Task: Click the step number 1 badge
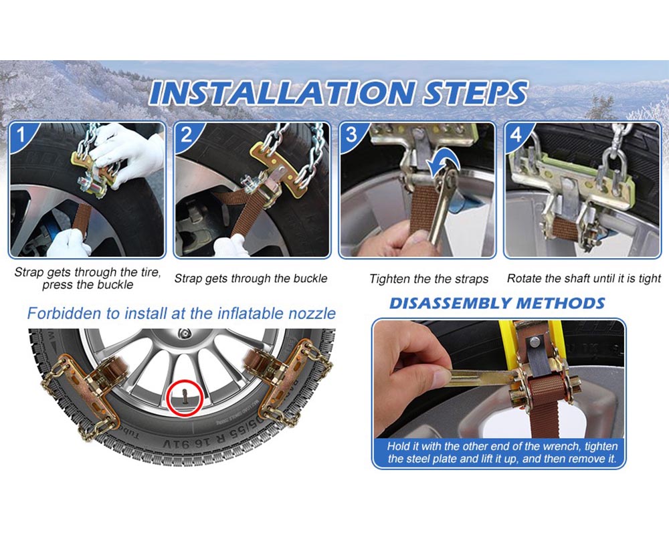21,135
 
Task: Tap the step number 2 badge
186,135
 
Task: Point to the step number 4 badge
516,135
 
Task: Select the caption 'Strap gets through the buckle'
251,278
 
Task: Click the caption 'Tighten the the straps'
429,279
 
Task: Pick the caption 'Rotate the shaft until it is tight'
583,278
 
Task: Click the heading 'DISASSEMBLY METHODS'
497,303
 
